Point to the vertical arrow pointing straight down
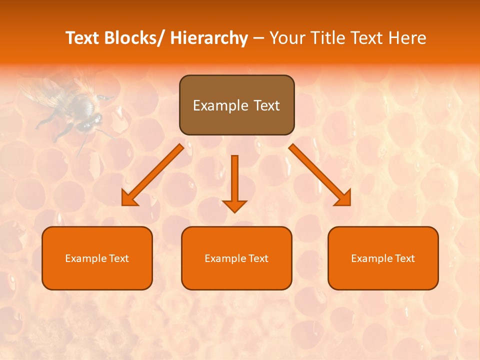coord(234,180)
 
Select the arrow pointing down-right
coord(317,172)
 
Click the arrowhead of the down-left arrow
coord(129,198)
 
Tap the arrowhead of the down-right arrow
coord(344,198)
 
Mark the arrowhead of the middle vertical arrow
coord(234,205)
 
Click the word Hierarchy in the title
coord(209,38)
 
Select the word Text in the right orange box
coord(405,258)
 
